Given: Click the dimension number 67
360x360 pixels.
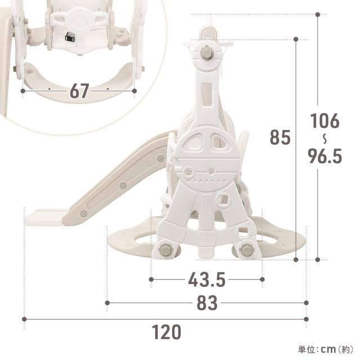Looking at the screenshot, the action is (x=79, y=91).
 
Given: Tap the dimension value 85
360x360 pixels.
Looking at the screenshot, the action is (x=280, y=137).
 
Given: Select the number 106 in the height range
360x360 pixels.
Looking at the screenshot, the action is (x=325, y=121).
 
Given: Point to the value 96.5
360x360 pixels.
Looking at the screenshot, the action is (x=325, y=156).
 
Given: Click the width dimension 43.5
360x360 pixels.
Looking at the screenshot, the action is (x=206, y=280).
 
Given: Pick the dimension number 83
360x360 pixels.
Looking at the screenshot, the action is (x=207, y=303).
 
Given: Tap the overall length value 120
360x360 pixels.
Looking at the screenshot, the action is (x=166, y=332).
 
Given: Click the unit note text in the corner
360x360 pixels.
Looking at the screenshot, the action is (x=326, y=349).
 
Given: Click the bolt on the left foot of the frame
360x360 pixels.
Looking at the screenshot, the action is (x=165, y=249).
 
